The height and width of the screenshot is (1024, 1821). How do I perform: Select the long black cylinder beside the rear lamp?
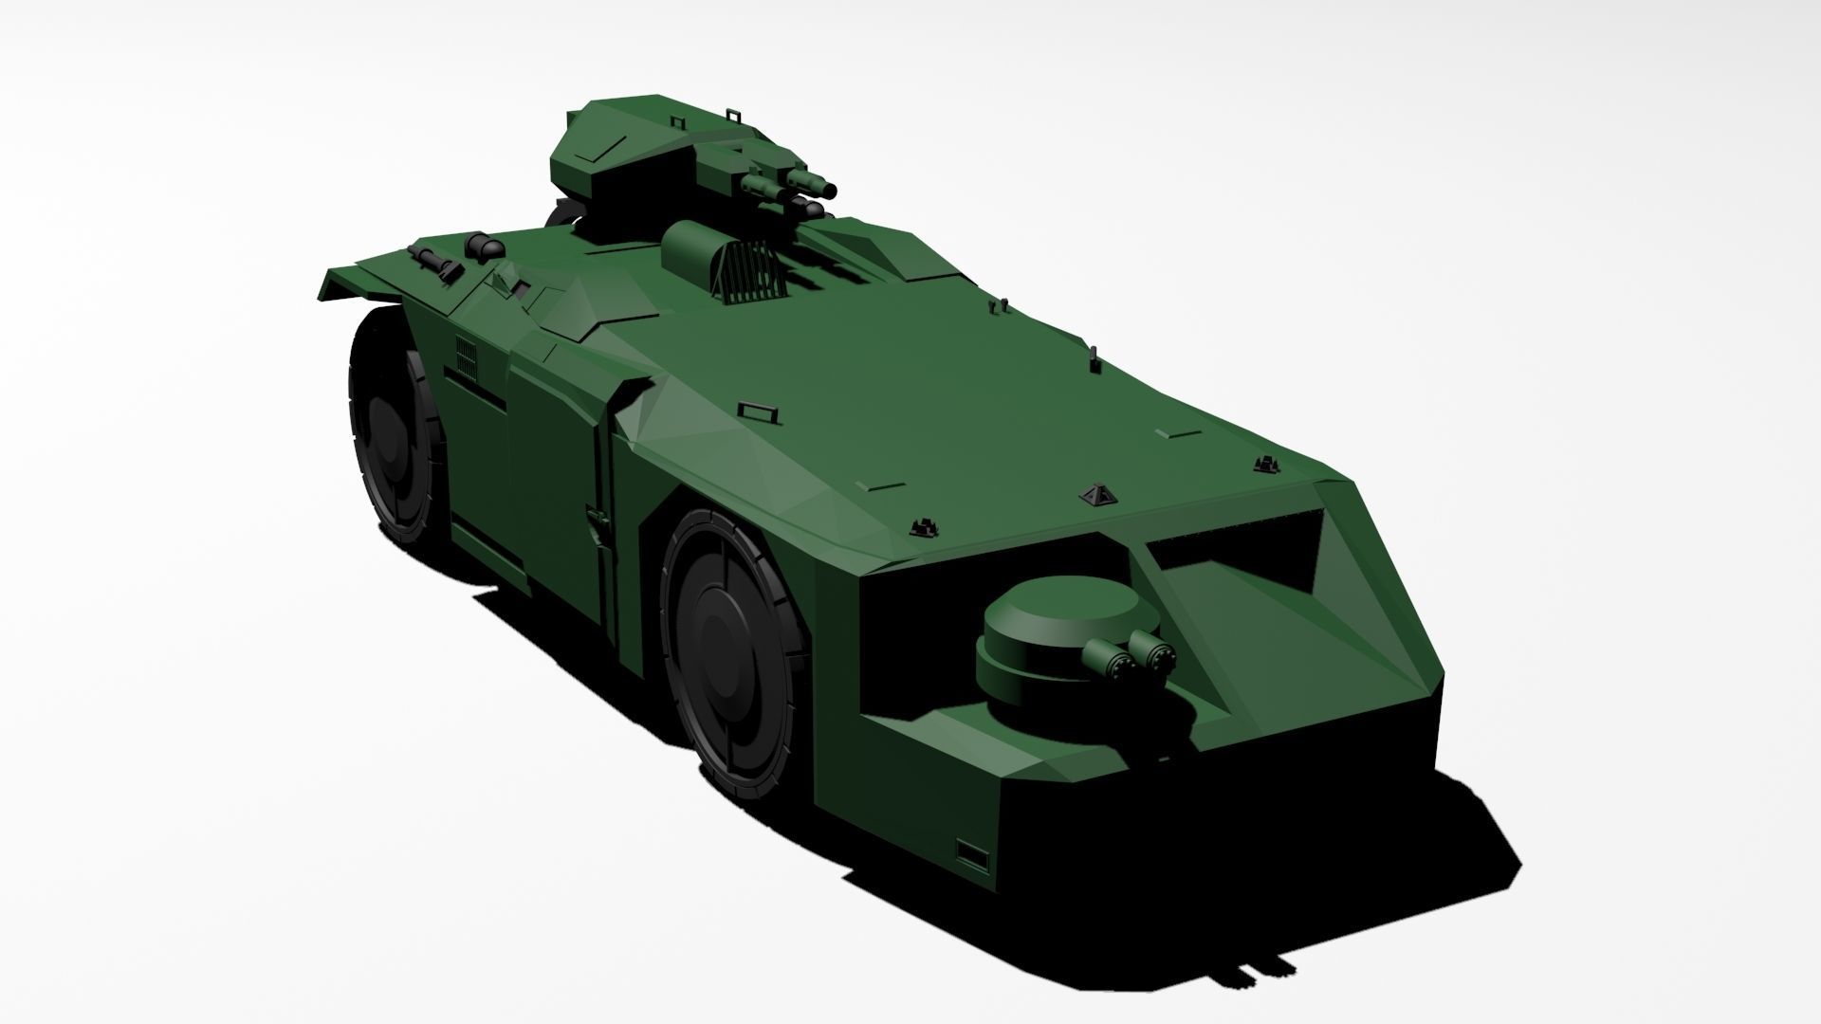(432, 261)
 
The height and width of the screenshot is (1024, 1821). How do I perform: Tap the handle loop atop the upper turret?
(733, 114)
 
